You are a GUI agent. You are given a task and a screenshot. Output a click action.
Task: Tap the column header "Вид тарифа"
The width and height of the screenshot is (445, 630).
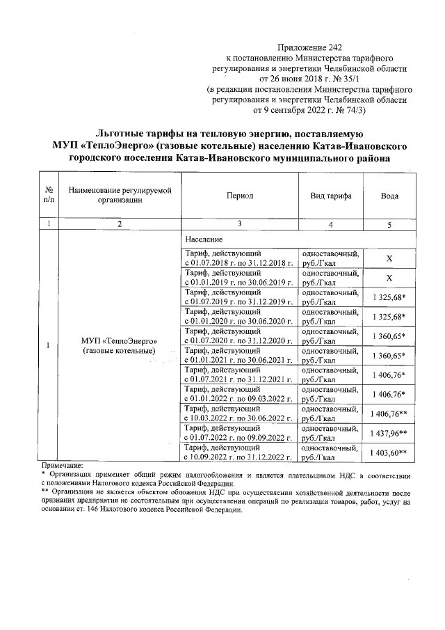[x=330, y=196]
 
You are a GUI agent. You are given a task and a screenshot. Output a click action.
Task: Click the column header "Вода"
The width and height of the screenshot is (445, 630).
[x=389, y=196]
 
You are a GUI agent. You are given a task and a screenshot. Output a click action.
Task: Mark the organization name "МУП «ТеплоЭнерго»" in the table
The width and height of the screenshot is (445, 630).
[x=120, y=341]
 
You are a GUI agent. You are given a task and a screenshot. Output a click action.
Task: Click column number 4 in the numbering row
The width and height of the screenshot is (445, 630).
[x=330, y=224]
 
